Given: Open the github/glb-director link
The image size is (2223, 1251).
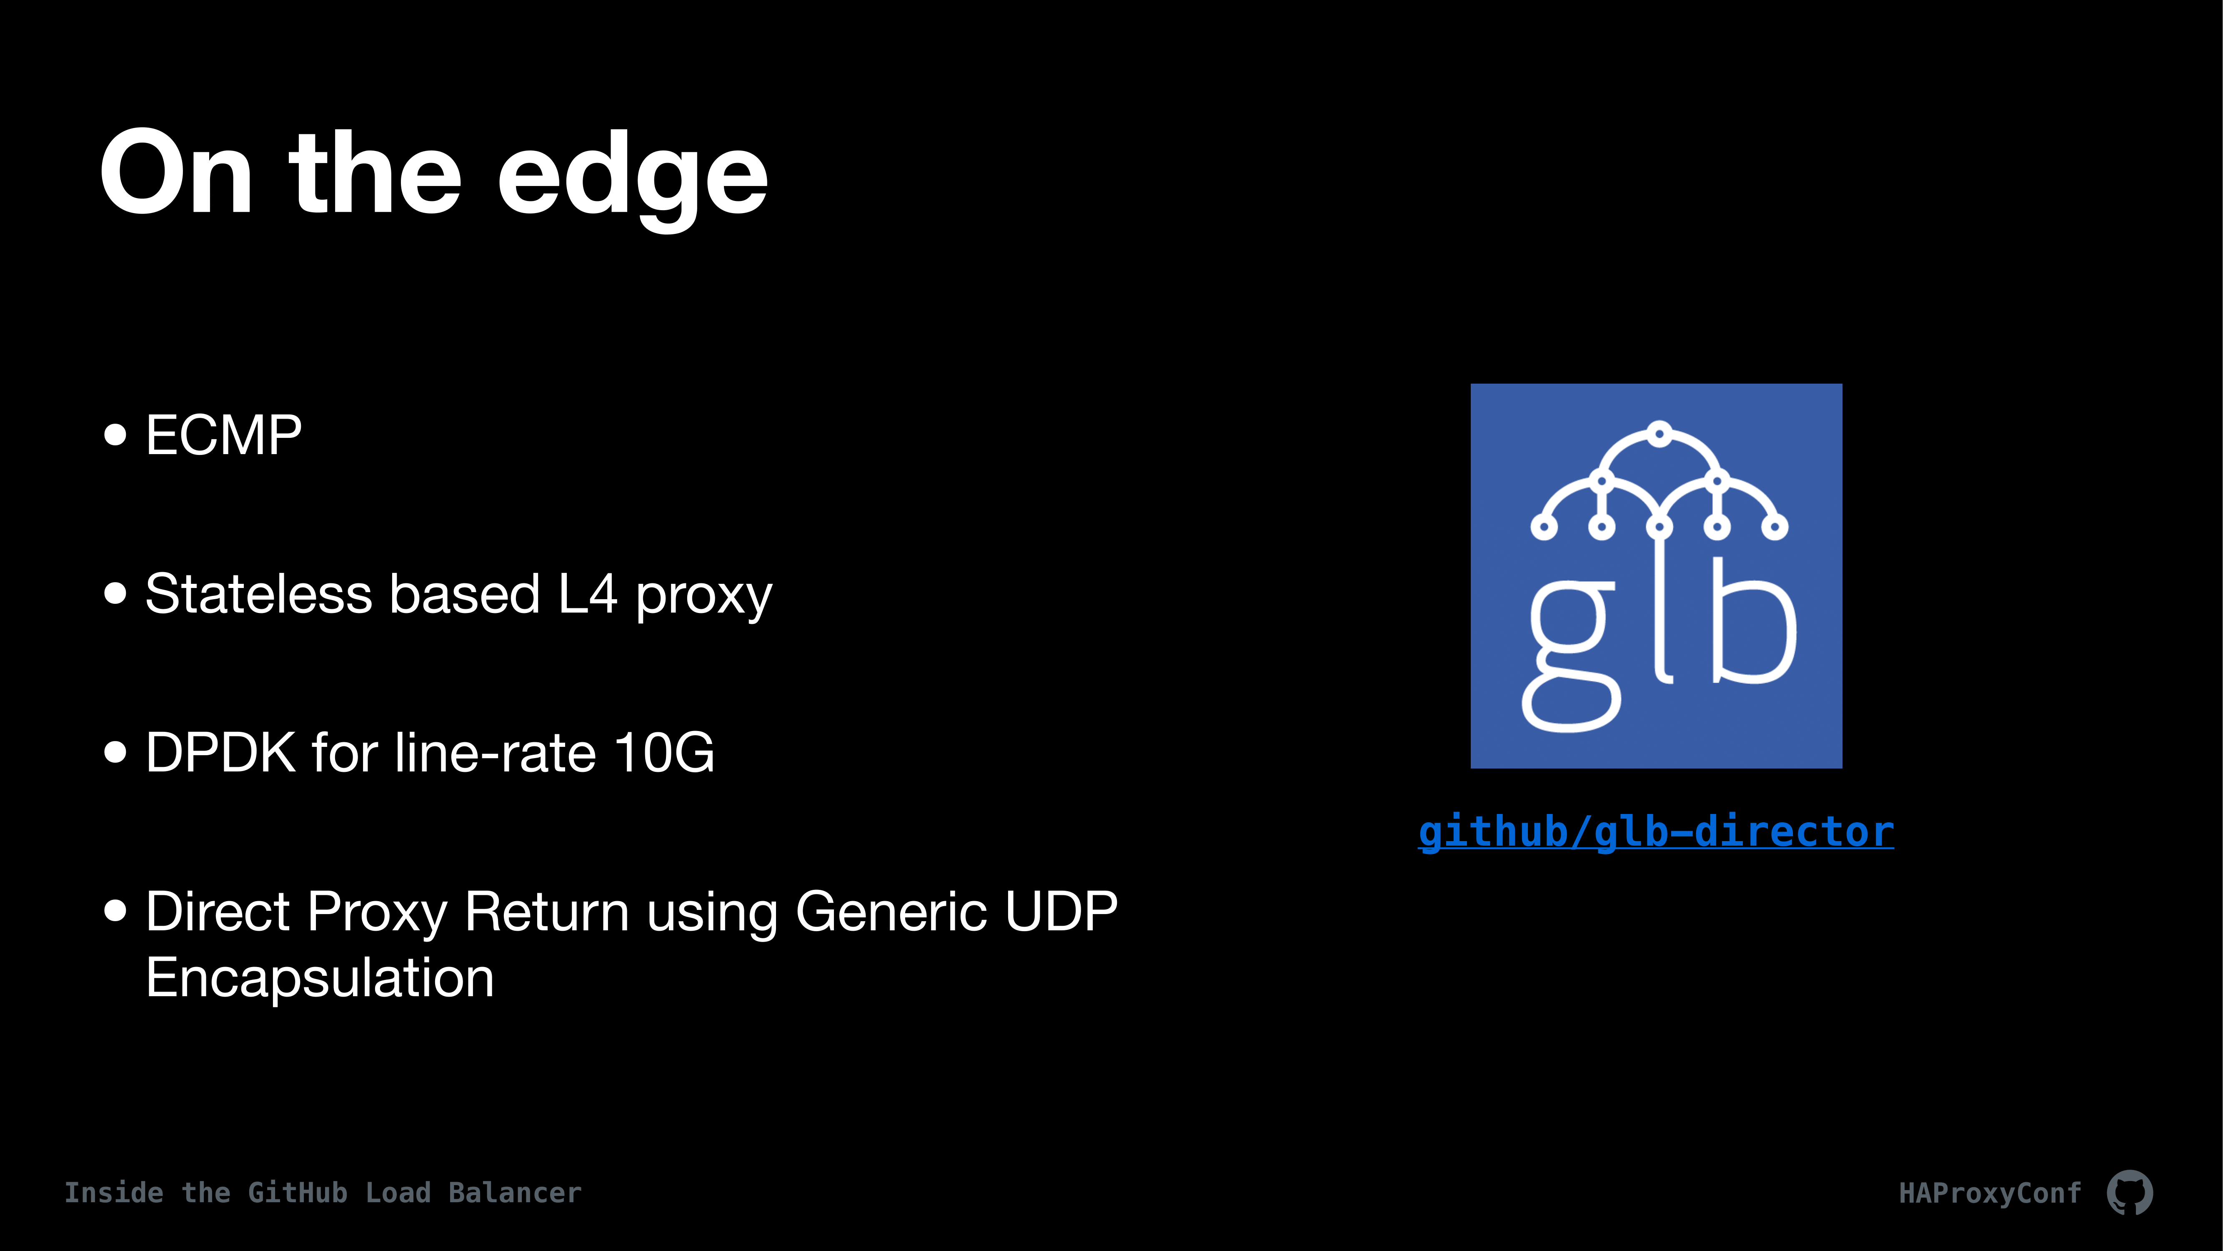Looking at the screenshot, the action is tap(1656, 831).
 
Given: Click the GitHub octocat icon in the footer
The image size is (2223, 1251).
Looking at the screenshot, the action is tap(2130, 1193).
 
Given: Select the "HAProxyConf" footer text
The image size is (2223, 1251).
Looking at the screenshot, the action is tap(1990, 1193).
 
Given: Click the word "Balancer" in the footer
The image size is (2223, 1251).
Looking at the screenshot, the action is tap(515, 1193).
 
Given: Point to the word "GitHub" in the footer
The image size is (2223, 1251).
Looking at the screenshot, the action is tap(298, 1193).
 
